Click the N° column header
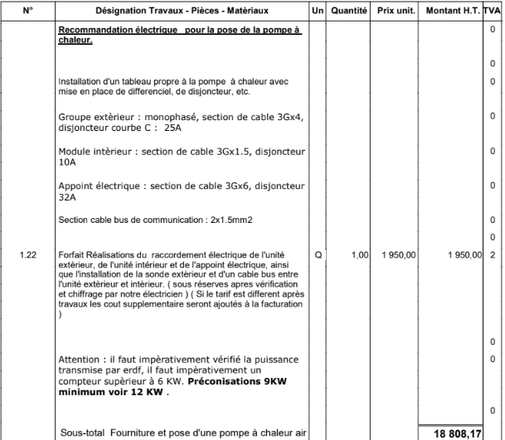coord(27,12)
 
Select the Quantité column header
coord(348,12)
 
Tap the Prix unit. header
coord(396,12)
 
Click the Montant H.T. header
coord(452,12)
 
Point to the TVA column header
coord(492,12)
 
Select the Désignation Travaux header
coord(182,12)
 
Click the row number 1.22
coord(27,255)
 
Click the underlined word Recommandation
coord(93,29)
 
